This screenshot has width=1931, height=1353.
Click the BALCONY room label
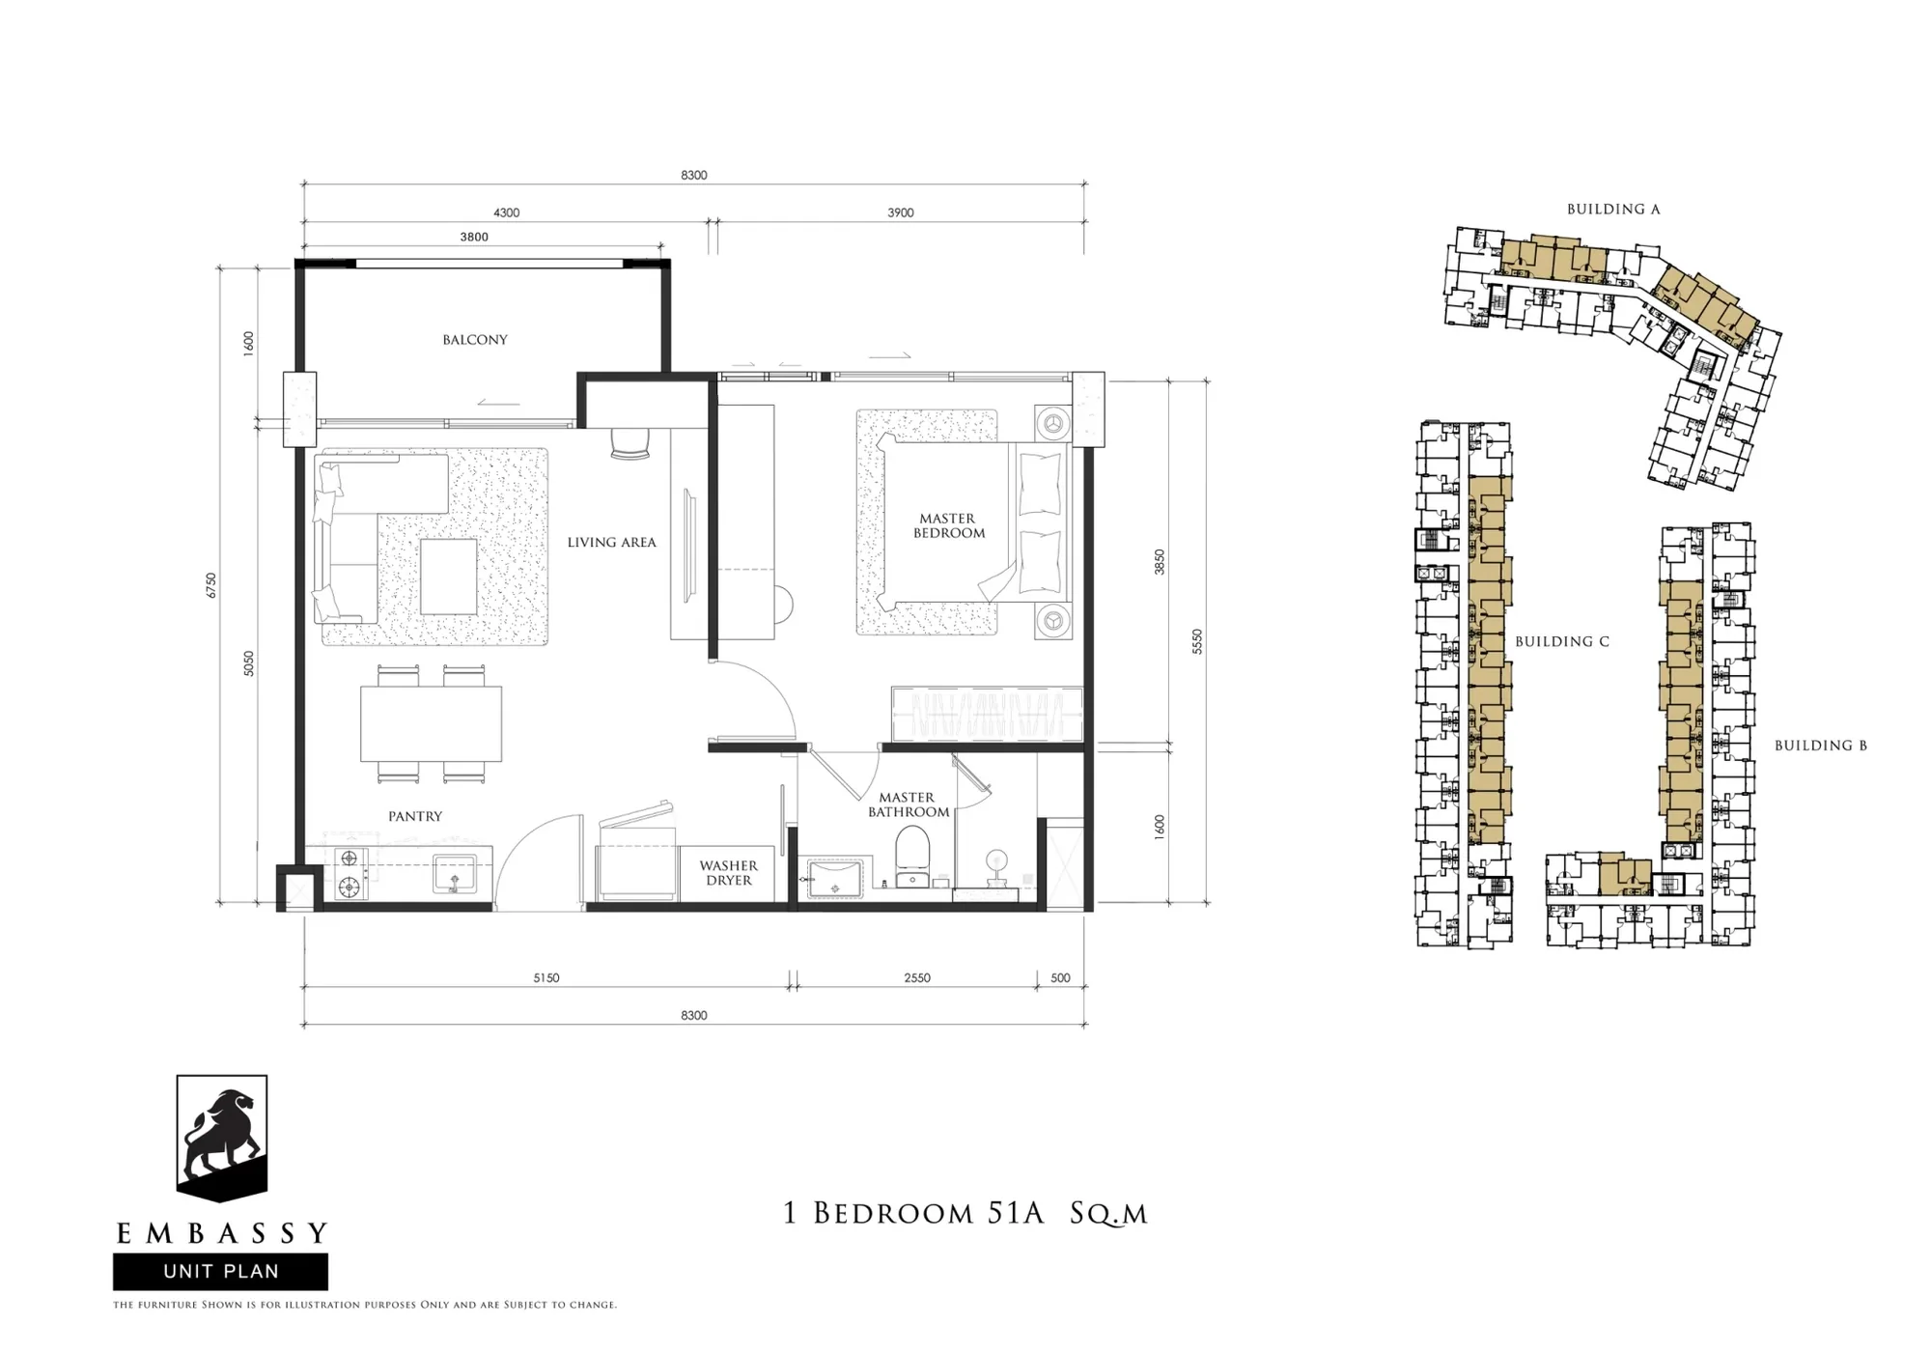[475, 340]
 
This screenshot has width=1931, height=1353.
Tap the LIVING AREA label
[611, 543]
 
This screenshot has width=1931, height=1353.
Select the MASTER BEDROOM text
[948, 525]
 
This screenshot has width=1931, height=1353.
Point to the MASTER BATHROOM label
[908, 804]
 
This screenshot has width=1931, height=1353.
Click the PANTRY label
[415, 816]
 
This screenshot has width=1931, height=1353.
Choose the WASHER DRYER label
[729, 873]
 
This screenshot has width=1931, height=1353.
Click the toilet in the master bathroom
[912, 858]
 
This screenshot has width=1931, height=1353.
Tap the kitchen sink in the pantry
[454, 875]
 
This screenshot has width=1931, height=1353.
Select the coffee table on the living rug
[448, 577]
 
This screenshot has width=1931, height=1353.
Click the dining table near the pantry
[431, 723]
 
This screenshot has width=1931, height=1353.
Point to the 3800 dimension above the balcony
[474, 237]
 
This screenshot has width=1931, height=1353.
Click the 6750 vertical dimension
[211, 585]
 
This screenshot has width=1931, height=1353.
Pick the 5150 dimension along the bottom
[546, 978]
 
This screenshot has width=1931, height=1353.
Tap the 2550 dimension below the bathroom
[917, 978]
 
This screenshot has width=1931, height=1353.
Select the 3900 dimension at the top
[901, 212]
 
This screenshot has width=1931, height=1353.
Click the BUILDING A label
[1613, 209]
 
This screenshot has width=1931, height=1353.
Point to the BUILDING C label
[1562, 641]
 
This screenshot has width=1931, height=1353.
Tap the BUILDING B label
[1821, 746]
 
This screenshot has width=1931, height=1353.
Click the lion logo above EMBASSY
[221, 1138]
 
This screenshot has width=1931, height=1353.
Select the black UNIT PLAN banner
[220, 1272]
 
